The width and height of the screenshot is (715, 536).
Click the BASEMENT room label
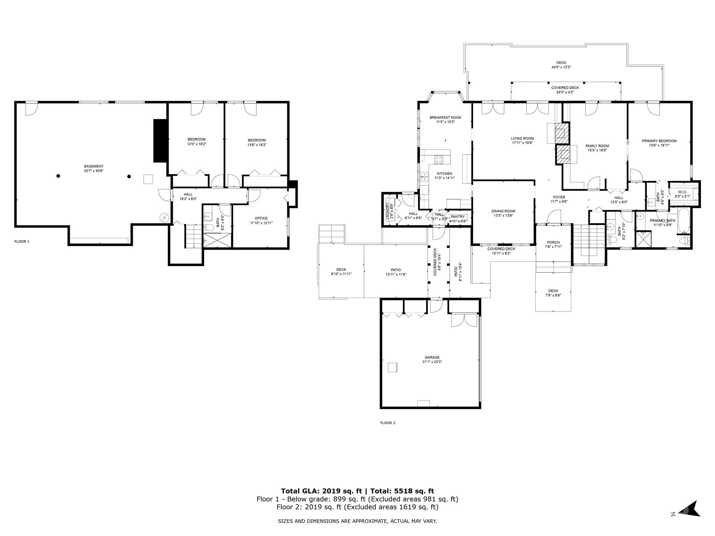(x=94, y=166)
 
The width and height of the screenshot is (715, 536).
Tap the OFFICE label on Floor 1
(x=261, y=218)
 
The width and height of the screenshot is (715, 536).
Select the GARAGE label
(x=432, y=357)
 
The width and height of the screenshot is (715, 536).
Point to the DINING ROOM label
(x=503, y=211)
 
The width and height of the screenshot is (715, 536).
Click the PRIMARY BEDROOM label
(x=659, y=141)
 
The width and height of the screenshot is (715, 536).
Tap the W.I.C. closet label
(x=683, y=192)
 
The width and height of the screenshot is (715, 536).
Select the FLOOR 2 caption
(x=388, y=423)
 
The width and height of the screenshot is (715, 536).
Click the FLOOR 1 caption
(x=22, y=241)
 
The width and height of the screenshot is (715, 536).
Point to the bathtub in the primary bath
(x=683, y=221)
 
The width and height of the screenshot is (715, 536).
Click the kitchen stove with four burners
(x=438, y=160)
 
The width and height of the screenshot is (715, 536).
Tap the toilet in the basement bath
(x=208, y=228)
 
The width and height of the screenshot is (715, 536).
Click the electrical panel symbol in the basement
(x=164, y=218)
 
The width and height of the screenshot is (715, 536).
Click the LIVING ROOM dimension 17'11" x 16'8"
(x=522, y=143)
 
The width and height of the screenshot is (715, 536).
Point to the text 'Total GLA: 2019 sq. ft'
(x=322, y=491)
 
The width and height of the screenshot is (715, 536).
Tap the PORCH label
(x=553, y=242)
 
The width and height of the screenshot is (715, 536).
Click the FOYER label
(x=559, y=197)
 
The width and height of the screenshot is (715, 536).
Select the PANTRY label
(x=458, y=217)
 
